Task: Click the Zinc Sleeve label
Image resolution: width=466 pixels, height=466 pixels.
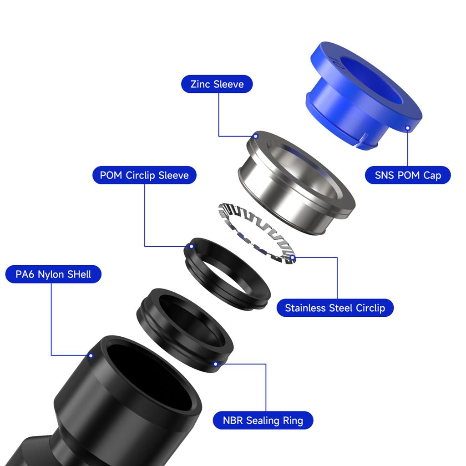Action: [x=217, y=84]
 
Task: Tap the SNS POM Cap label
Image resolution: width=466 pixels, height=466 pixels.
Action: [x=408, y=175]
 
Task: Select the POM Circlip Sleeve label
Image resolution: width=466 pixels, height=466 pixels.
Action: [x=144, y=175]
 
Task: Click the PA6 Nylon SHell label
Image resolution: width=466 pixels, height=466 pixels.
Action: [x=53, y=274]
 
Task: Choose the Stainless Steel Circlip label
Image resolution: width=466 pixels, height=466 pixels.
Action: [x=334, y=308]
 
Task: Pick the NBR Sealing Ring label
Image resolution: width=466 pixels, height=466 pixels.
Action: [x=263, y=420]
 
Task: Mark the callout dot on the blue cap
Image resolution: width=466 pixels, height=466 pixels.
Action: [x=408, y=128]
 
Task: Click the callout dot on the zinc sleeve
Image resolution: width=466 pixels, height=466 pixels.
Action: [x=256, y=136]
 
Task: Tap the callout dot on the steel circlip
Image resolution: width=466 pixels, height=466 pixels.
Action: [x=292, y=258]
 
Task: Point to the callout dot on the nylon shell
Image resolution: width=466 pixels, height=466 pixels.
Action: [x=91, y=355]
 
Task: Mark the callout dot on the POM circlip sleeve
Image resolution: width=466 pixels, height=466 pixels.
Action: [x=191, y=246]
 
